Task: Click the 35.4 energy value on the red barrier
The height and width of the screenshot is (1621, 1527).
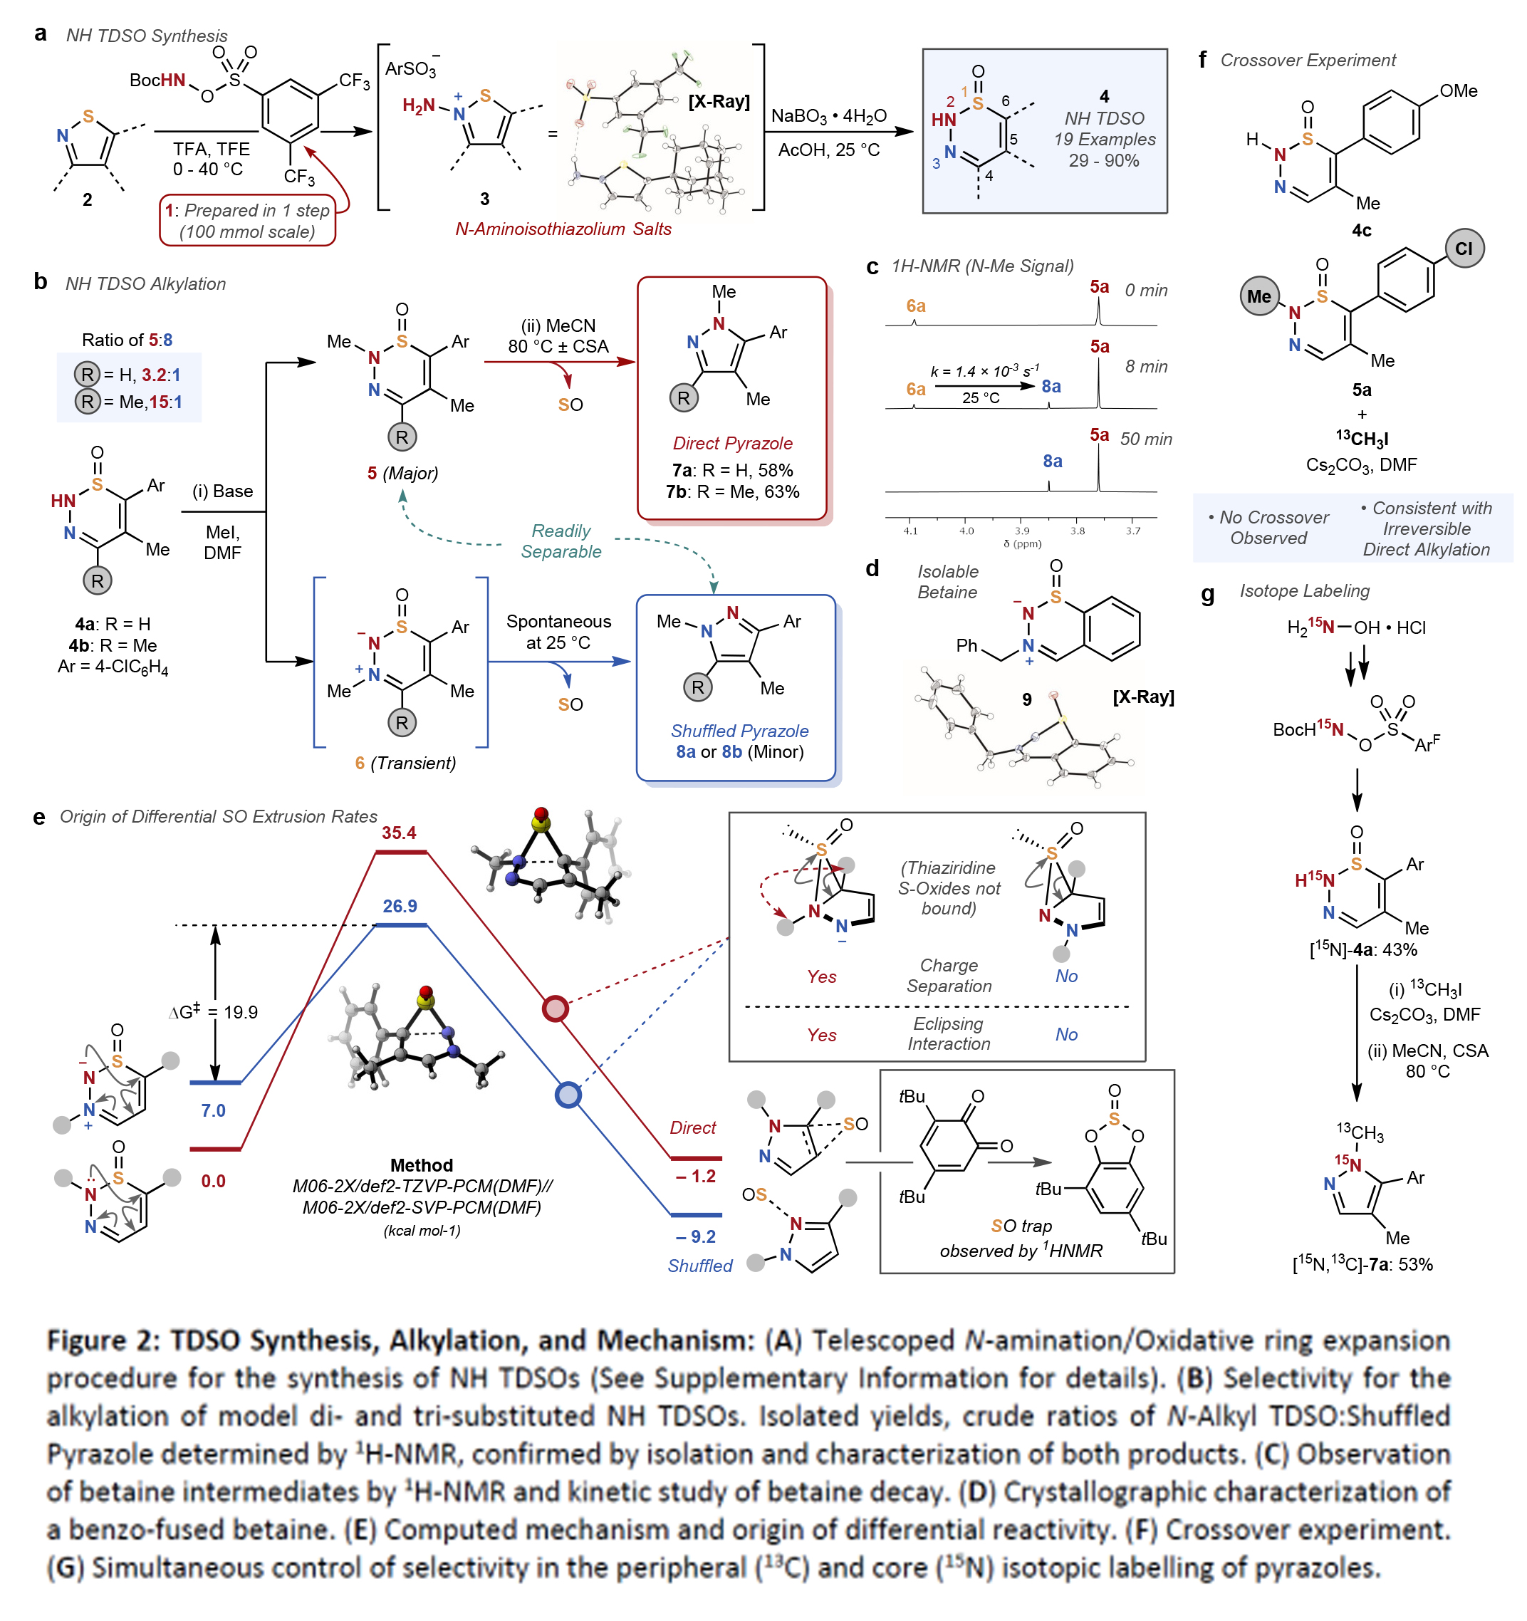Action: [399, 833]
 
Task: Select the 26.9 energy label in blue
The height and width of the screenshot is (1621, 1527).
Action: [400, 906]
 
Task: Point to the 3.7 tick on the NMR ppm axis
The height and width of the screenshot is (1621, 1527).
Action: [1132, 531]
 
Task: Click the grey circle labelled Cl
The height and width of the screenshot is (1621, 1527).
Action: [1464, 249]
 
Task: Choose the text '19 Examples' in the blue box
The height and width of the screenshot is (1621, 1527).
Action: [1104, 140]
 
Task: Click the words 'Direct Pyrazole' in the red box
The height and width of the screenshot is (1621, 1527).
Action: [732, 444]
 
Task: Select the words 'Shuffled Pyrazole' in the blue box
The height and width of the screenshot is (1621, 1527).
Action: [739, 731]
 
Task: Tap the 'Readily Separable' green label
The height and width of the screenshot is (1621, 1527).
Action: [561, 541]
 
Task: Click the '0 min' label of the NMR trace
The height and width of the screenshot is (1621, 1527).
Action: [1145, 291]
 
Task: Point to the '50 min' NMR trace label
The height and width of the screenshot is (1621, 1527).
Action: [1145, 439]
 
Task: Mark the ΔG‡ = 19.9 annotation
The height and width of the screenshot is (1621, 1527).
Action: [214, 1012]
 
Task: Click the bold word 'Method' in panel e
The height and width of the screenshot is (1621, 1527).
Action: [421, 1165]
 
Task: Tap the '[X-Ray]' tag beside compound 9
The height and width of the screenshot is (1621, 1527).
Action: [1143, 697]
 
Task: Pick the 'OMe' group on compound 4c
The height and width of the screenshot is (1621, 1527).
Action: [1458, 91]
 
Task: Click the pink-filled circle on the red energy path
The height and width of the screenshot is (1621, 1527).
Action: [556, 1008]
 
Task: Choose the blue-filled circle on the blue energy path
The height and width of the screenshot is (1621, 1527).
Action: [568, 1094]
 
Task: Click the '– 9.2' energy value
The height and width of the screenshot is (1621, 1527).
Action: [695, 1236]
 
